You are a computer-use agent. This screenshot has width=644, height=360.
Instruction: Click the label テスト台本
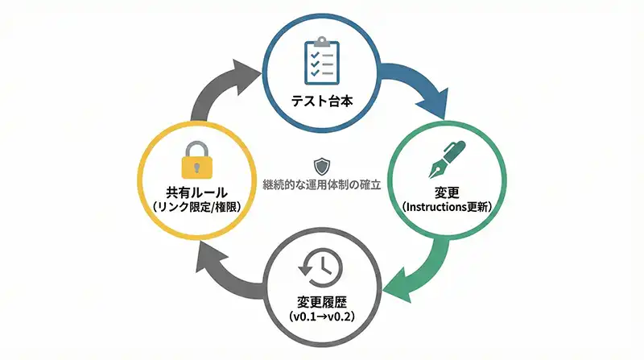point(323,102)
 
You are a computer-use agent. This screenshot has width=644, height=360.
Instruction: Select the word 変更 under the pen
point(448,193)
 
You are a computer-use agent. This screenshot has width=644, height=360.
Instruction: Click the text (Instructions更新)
point(448,208)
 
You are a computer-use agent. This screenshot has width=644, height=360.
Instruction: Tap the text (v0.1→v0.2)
point(322,316)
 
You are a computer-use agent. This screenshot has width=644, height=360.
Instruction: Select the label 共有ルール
point(196,193)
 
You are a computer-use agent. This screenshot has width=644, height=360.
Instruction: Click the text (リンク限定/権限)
point(196,208)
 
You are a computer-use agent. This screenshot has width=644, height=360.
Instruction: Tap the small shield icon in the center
point(322,166)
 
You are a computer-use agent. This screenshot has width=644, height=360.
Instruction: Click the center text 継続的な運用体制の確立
point(322,184)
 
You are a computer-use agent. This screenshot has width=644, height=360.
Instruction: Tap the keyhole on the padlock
point(196,166)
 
